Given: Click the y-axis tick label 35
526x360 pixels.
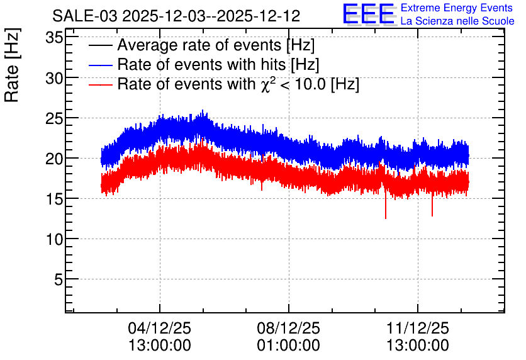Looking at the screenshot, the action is point(54,38).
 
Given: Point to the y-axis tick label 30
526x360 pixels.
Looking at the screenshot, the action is point(54,79).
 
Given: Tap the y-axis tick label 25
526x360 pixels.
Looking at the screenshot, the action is point(54,119).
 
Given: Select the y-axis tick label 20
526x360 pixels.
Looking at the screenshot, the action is point(54,159).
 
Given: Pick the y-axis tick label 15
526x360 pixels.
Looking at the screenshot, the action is point(54,200).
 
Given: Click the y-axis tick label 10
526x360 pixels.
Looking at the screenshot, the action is point(54,240).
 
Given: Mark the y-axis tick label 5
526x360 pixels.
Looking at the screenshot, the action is point(59,279).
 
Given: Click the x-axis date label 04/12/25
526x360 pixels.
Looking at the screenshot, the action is point(159,328).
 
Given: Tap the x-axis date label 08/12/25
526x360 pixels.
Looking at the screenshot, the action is point(289,328).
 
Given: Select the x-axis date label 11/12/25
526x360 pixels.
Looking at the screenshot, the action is point(418,328).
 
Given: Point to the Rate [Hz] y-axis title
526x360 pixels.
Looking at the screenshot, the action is point(12,65).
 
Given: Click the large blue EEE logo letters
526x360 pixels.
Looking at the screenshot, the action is point(368,14).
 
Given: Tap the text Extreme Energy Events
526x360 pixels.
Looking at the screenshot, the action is point(457,8).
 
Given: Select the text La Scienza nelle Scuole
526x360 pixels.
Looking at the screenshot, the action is point(457,21).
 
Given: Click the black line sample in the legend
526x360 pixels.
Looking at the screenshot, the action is point(100,45).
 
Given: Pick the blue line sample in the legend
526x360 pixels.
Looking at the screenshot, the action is point(100,65).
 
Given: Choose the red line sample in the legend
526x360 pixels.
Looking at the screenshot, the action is point(100,84).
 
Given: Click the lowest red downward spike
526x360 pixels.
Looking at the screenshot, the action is point(386,218).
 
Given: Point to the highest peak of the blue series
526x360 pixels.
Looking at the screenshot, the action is point(203,110).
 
